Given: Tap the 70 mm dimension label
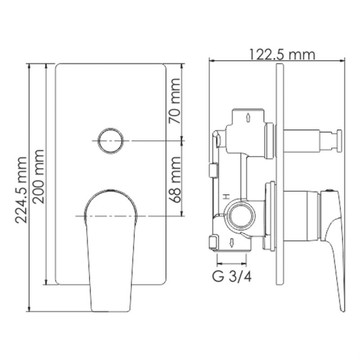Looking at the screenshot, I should pyautogui.click(x=174, y=106).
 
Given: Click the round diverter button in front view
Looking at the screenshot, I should pyautogui.click(x=110, y=140).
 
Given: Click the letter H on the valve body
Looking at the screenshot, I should pyautogui.click(x=225, y=195).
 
